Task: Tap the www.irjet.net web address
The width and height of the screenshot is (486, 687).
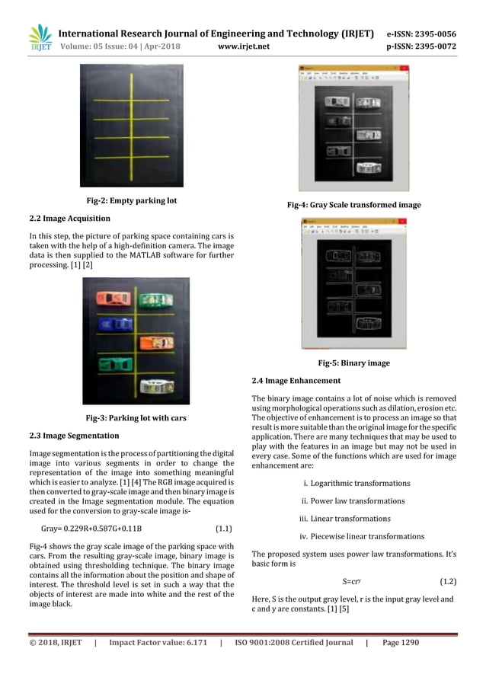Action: (243, 46)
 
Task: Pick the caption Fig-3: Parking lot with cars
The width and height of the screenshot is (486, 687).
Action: (136, 417)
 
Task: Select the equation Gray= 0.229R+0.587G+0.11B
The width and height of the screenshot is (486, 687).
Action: (91, 528)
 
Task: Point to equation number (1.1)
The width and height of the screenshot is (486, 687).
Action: (223, 528)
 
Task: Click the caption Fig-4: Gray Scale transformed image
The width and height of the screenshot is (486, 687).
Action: (353, 205)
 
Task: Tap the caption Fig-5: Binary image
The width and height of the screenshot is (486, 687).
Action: (353, 363)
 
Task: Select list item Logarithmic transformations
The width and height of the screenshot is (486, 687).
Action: (357, 483)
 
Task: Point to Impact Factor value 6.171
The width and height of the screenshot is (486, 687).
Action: (158, 642)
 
